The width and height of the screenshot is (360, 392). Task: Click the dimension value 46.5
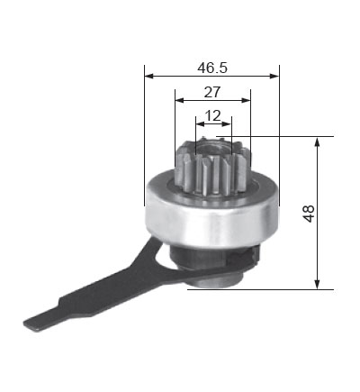212,68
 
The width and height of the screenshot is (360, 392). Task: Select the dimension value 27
212,92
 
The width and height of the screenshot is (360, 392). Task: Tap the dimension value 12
212,115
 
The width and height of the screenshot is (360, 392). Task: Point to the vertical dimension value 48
309,214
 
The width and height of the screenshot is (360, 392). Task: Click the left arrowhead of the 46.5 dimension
149,76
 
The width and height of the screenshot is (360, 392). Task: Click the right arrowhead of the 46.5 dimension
274,76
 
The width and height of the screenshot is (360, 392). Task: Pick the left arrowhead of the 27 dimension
180,100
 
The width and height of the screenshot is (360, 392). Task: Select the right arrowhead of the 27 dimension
246,100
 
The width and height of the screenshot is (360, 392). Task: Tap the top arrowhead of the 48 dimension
317,141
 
